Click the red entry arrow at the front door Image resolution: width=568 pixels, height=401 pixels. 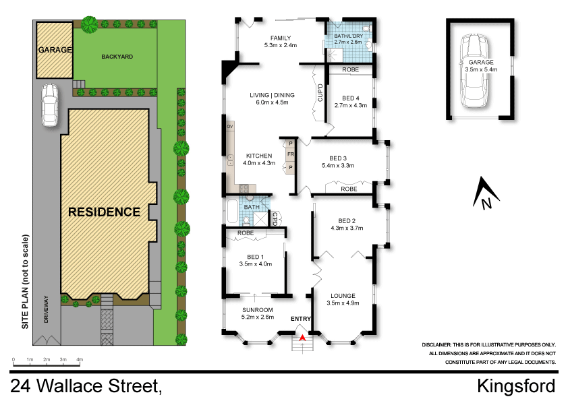pos(302,337)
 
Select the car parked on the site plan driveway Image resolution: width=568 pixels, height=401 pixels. pos(49,105)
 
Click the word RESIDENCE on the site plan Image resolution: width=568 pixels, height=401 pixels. pos(105,212)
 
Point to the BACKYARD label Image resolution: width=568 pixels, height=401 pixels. pos(116,57)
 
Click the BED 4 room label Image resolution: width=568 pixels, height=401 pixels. pos(350,97)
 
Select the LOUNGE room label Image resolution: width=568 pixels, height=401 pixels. pos(343,295)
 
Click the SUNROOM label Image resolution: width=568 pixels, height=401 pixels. pos(257,309)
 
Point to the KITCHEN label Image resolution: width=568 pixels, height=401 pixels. pos(259,156)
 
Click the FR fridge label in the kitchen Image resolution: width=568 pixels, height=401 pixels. pos(290,154)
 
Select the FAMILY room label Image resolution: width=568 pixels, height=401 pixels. pos(281,38)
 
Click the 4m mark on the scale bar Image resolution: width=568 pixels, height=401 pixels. pos(80,361)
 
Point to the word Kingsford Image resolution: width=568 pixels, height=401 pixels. pos(516,386)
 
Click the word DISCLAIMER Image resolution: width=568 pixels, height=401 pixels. pos(441,344)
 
